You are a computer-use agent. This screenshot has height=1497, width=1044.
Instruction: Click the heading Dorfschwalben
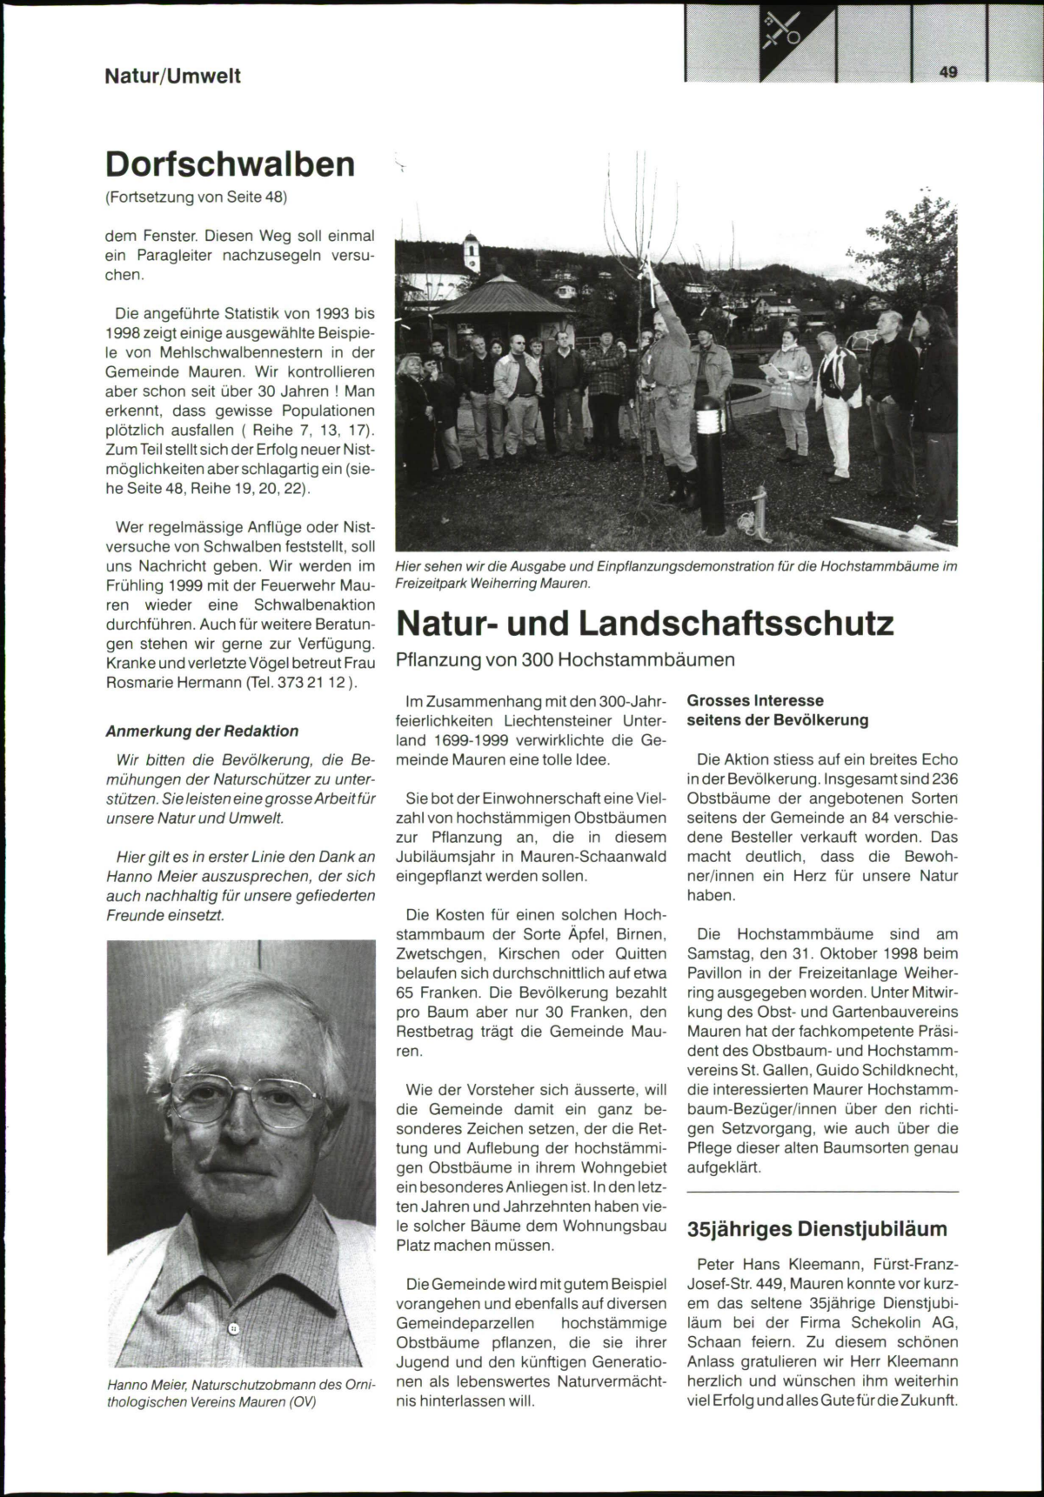click(x=230, y=164)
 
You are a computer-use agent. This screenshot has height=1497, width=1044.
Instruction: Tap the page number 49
click(x=947, y=73)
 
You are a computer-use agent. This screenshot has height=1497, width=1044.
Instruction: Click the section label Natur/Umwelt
click(x=172, y=76)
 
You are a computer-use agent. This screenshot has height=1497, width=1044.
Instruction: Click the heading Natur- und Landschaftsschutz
click(x=645, y=624)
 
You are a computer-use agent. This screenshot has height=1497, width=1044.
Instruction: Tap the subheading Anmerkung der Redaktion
click(x=202, y=731)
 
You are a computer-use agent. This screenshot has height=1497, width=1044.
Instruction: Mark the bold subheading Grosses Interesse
click(x=755, y=700)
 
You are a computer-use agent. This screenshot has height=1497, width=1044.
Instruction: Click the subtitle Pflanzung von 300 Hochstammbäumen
click(x=565, y=659)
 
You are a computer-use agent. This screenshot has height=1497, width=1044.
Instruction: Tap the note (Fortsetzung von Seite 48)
click(x=196, y=197)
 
